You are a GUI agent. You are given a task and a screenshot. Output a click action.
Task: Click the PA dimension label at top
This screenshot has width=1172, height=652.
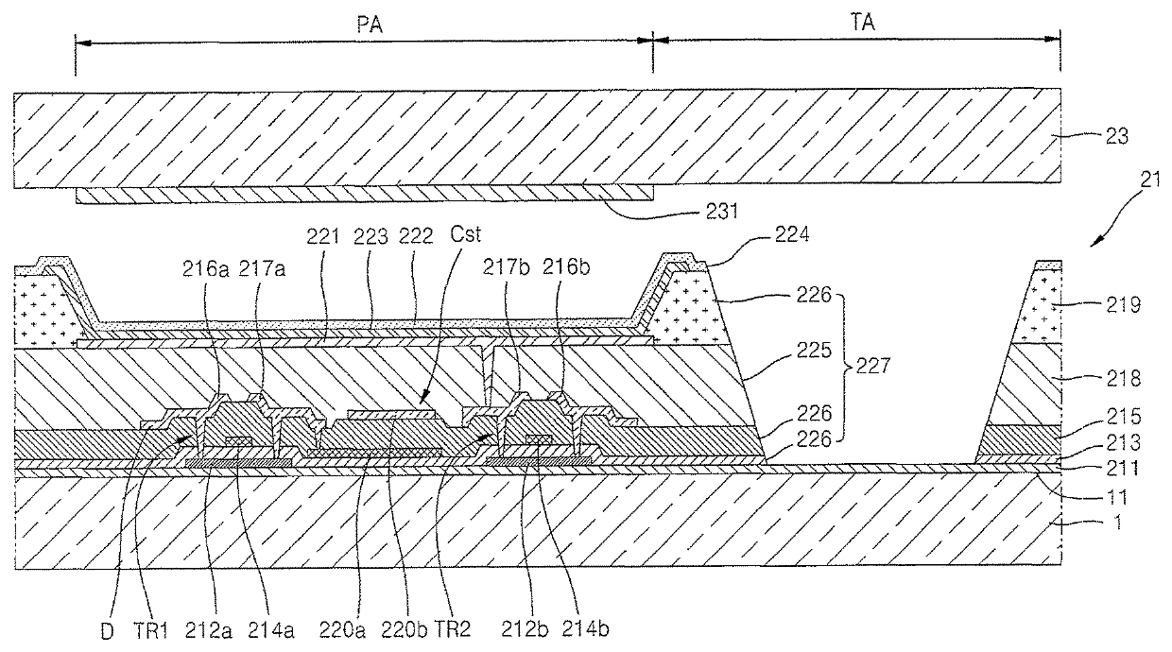coord(364,25)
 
